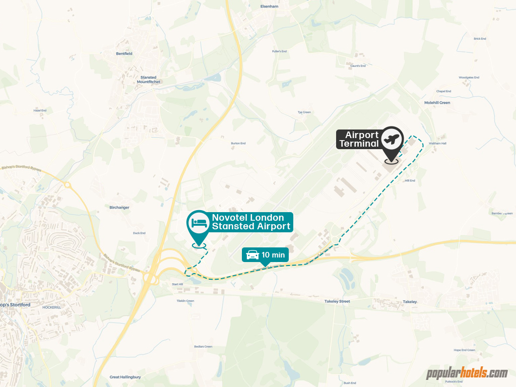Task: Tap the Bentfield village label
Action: pos(124,53)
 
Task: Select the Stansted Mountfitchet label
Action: pos(148,80)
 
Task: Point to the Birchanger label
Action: pos(119,208)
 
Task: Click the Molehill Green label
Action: pos(437,103)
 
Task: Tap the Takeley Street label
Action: pos(337,301)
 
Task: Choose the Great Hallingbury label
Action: pos(125,377)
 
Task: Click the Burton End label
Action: pos(238,144)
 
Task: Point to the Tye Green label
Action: pos(304,112)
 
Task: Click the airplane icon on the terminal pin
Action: pos(392,138)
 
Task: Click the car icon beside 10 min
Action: pos(251,255)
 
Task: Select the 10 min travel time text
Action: pos(273,255)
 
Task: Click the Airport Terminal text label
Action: pos(359,139)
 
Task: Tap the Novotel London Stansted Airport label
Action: pos(251,222)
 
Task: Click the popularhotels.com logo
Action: pos(467,373)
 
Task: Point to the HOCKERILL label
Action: pos(51,307)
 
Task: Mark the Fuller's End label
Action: pos(279,51)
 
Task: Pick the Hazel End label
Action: pos(40,110)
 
